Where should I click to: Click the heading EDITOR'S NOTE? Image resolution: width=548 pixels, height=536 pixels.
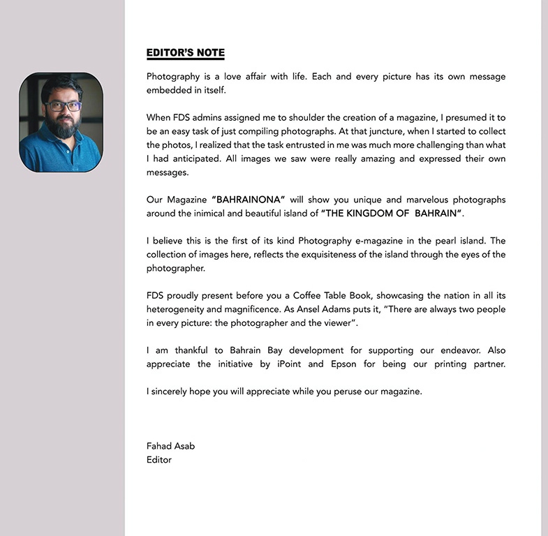185,53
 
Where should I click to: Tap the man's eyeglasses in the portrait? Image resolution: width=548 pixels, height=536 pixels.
63,107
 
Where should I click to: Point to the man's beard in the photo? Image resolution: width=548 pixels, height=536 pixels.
64,126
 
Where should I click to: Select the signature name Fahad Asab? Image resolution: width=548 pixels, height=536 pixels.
170,446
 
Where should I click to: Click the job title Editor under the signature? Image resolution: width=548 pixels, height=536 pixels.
158,460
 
